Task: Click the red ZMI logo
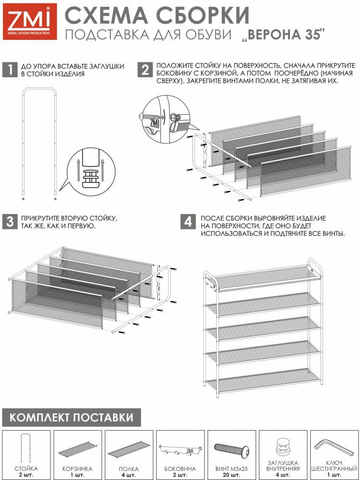pyautogui.click(x=30, y=22)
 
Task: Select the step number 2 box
pyautogui.click(x=145, y=70)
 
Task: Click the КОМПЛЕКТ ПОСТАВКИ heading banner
pyautogui.click(x=72, y=417)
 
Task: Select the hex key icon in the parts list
pyautogui.click(x=334, y=447)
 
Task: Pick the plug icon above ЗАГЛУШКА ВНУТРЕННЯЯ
pyautogui.click(x=283, y=447)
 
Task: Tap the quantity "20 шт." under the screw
pyautogui.click(x=231, y=475)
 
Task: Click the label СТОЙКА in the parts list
pyautogui.click(x=26, y=468)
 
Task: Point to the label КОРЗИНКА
pyautogui.click(x=77, y=468)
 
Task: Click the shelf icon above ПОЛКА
pyautogui.click(x=129, y=449)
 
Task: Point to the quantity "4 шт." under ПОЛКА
pyautogui.click(x=129, y=475)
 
